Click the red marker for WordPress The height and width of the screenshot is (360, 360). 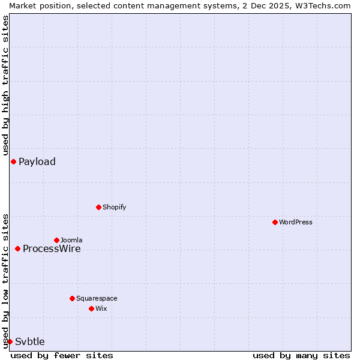click(275, 222)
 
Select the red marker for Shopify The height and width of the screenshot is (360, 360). click(98, 207)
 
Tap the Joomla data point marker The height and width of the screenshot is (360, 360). click(56, 240)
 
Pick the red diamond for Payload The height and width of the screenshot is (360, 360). click(13, 161)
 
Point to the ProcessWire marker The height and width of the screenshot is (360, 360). click(17, 248)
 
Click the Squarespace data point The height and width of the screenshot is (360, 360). click(72, 298)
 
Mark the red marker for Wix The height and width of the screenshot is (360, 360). click(91, 308)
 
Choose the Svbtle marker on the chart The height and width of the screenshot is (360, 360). click(10, 341)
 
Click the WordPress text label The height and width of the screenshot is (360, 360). click(296, 222)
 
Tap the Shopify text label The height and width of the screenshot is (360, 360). click(114, 207)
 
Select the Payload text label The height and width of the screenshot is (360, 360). click(37, 161)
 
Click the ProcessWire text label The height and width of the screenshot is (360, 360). click(52, 248)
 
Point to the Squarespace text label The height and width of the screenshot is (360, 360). click(97, 298)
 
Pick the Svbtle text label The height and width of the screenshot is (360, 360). click(30, 341)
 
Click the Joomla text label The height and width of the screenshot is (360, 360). click(71, 240)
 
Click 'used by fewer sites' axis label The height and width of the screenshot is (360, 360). click(62, 355)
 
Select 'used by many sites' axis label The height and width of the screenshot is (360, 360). click(301, 355)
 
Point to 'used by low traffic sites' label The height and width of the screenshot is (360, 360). click(5, 281)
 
